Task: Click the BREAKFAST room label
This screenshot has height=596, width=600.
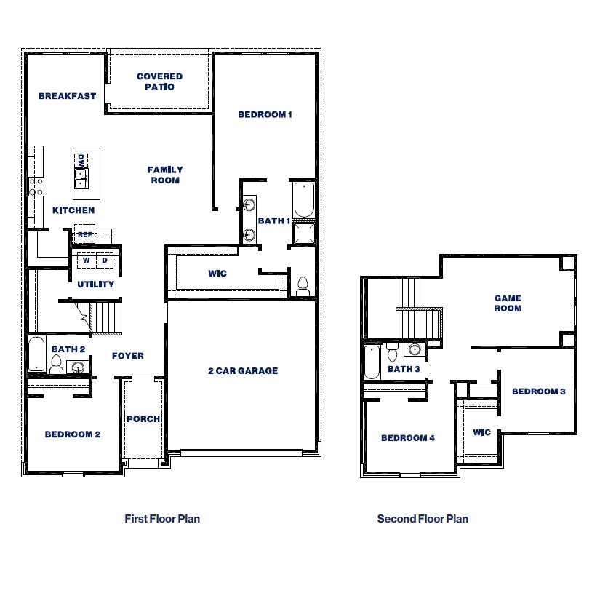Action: (67, 96)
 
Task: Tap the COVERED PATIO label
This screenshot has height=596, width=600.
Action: (159, 82)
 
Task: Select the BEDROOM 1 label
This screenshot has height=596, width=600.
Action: (265, 114)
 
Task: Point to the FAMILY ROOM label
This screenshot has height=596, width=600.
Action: (165, 175)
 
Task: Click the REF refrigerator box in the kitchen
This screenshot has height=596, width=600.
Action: (85, 235)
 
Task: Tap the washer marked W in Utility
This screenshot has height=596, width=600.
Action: (87, 260)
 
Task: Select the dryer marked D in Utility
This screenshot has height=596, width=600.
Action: (105, 260)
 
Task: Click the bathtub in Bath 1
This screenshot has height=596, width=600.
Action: (303, 200)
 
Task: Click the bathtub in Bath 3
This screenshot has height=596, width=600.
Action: (372, 362)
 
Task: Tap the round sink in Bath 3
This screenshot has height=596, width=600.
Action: (415, 350)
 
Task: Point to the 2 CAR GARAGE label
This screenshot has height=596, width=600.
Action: (243, 371)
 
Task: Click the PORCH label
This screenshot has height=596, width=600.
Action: (143, 419)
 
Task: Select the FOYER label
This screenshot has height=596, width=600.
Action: (128, 356)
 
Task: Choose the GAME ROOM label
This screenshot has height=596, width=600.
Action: (508, 303)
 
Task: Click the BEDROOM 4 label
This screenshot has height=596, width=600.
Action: (407, 438)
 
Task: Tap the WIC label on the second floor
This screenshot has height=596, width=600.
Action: (481, 432)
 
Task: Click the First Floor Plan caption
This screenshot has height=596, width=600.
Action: (162, 519)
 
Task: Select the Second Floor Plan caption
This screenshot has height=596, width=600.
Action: (423, 519)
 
